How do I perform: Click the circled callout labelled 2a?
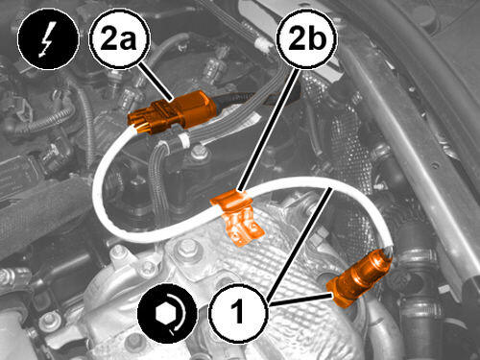tap(119, 38)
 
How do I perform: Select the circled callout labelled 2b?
tap(307, 38)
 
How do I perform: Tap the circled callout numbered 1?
tap(237, 312)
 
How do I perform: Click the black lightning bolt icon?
tap(48, 38)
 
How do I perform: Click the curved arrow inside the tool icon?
tap(179, 315)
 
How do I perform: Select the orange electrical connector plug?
tap(172, 110)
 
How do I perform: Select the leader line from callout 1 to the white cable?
tap(299, 245)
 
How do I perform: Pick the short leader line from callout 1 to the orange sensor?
tap(300, 299)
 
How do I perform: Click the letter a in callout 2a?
tap(130, 41)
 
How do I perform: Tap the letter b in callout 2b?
tap(316, 37)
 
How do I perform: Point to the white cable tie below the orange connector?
tap(183, 140)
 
